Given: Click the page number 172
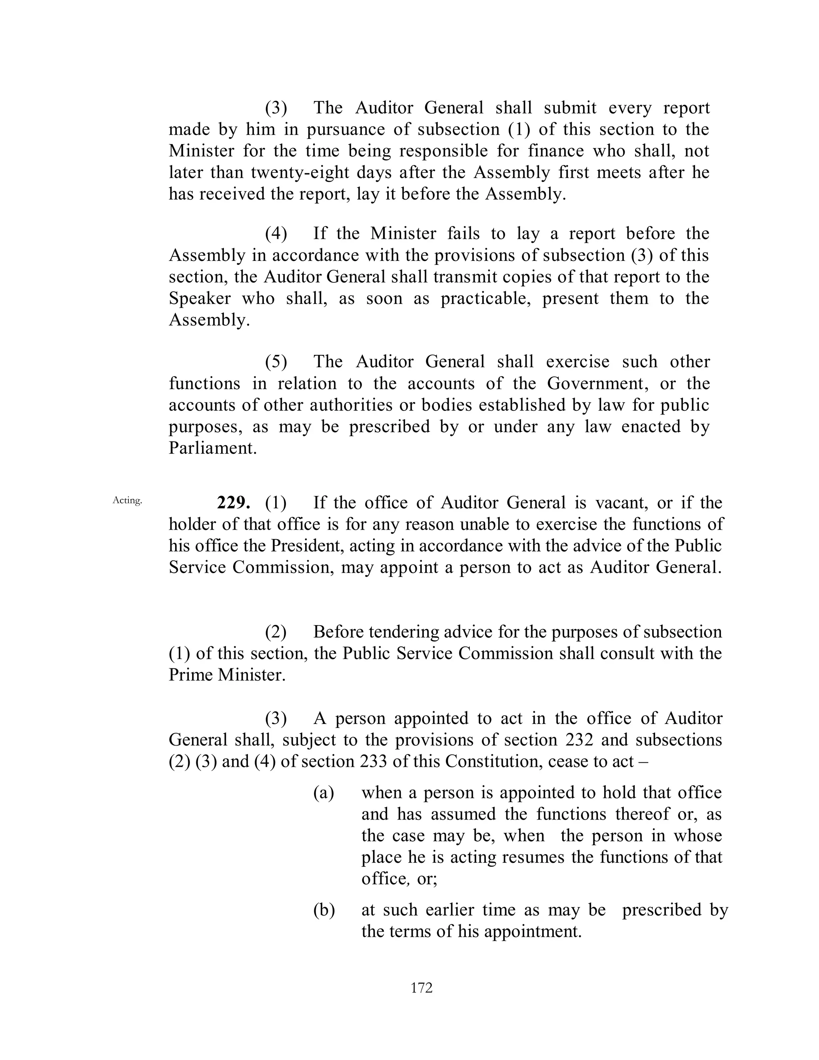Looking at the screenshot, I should pyautogui.click(x=421, y=988).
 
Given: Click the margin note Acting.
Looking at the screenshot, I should pyautogui.click(x=127, y=500).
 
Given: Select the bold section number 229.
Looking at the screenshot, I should pyautogui.click(x=234, y=503).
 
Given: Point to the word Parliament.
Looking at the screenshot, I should pyautogui.click(x=212, y=448).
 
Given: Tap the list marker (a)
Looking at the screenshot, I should pyautogui.click(x=324, y=792).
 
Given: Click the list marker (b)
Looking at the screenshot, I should pyautogui.click(x=324, y=910).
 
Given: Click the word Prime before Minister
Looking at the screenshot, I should pyautogui.click(x=191, y=675).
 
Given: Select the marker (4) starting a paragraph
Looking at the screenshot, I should pyautogui.click(x=276, y=234).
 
